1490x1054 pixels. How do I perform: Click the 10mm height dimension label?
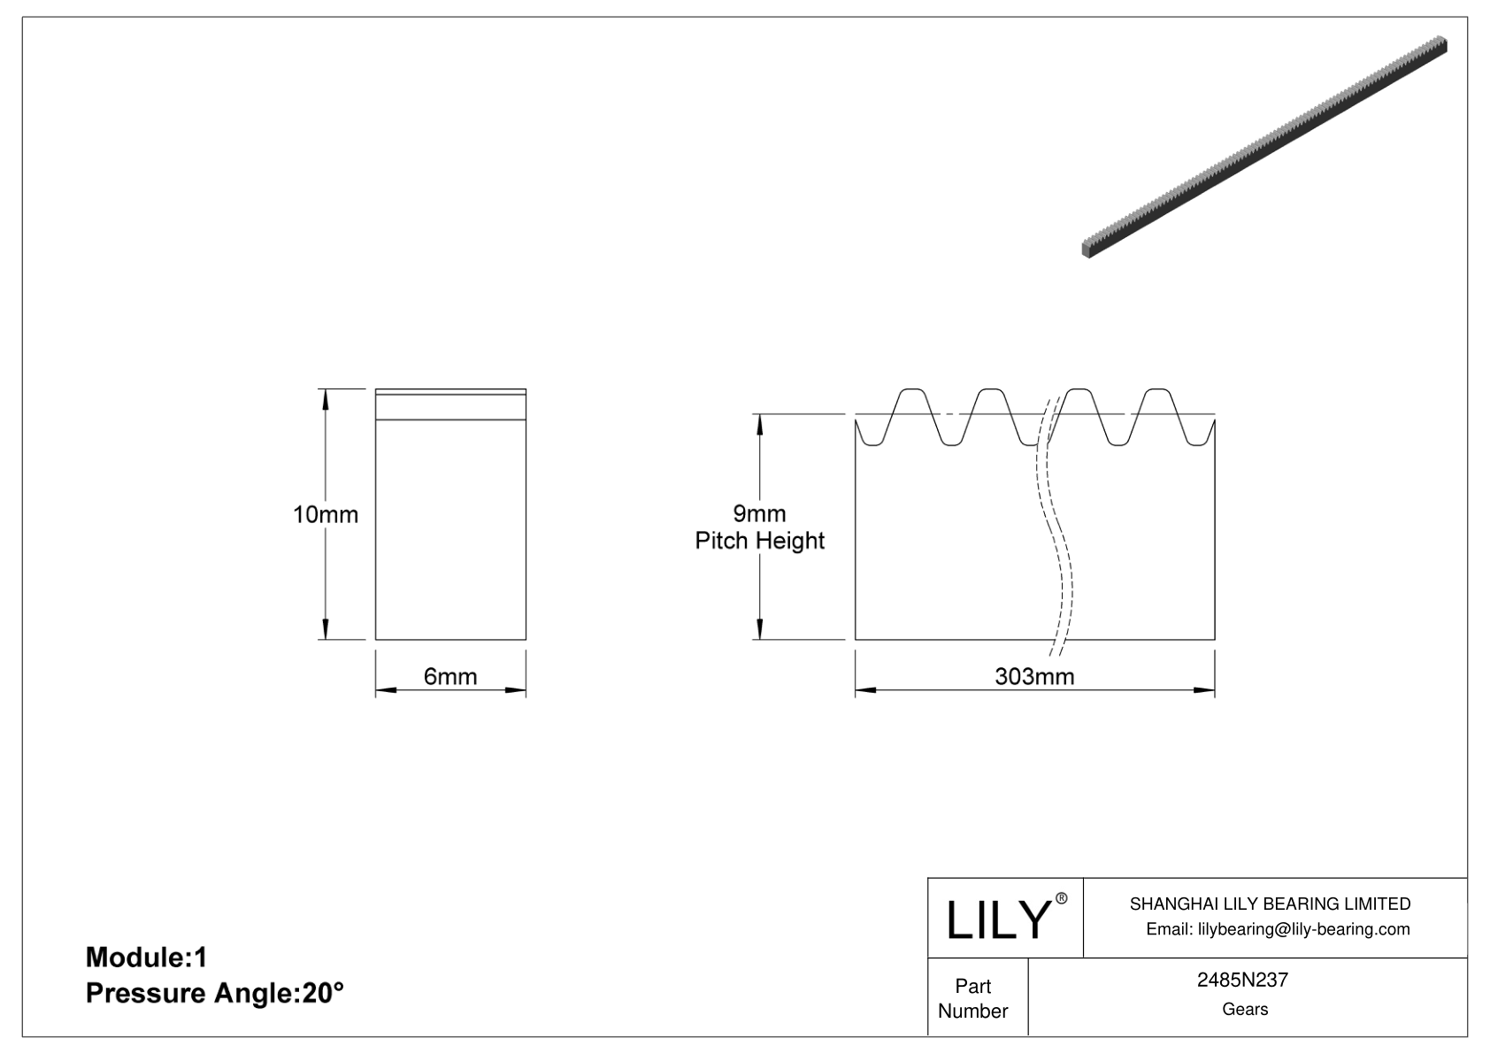[326, 514]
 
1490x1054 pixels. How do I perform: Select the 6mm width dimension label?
[450, 677]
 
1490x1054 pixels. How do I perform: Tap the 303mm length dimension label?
[1034, 677]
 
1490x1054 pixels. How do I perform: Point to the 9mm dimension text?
[759, 513]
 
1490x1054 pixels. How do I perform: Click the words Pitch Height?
[759, 541]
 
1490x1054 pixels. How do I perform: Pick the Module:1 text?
[146, 957]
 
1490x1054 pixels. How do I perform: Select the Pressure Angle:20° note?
[214, 993]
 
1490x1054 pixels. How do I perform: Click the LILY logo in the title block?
[997, 919]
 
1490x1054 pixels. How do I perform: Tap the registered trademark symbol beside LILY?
[1062, 899]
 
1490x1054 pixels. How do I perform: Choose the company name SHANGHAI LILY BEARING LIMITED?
[1270, 904]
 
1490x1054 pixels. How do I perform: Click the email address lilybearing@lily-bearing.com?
[1278, 929]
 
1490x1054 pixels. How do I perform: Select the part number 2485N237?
[1242, 981]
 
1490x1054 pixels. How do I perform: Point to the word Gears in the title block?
[1244, 1009]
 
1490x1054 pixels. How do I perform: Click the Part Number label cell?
[973, 998]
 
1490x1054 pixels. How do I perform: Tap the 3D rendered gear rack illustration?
[1265, 146]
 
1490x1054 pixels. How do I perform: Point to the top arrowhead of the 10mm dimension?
[326, 398]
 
